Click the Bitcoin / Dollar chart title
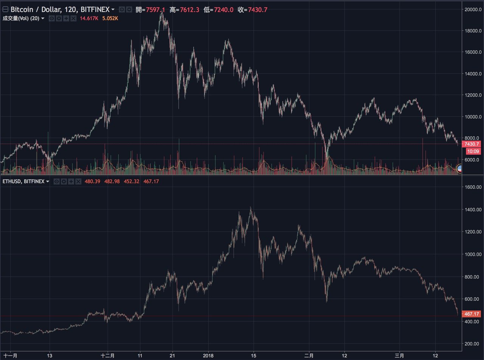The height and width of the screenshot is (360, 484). pyautogui.click(x=60, y=9)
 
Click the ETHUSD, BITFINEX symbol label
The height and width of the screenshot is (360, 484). pyautogui.click(x=23, y=182)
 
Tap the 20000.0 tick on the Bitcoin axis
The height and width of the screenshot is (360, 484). pyautogui.click(x=473, y=9)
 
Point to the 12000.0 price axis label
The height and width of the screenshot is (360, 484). pyautogui.click(x=473, y=95)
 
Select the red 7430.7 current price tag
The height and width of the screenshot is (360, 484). pyautogui.click(x=472, y=144)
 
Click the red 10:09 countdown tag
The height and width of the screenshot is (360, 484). pyautogui.click(x=473, y=151)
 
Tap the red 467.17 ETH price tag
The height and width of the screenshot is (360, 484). pyautogui.click(x=472, y=314)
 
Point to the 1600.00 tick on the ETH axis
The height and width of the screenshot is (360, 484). pyautogui.click(x=473, y=187)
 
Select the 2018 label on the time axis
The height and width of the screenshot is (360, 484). pyautogui.click(x=208, y=355)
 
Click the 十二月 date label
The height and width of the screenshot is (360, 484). pyautogui.click(x=108, y=355)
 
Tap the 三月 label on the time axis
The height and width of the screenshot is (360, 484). pyautogui.click(x=399, y=355)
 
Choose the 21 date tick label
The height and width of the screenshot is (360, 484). pyautogui.click(x=172, y=355)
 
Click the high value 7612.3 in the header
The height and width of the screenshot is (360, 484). pyautogui.click(x=189, y=9)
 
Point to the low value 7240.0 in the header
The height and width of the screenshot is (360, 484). pyautogui.click(x=223, y=9)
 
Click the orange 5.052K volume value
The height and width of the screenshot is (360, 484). pyautogui.click(x=110, y=18)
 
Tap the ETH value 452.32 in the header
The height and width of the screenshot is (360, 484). pyautogui.click(x=131, y=182)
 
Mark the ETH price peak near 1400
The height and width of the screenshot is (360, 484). pyautogui.click(x=251, y=208)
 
